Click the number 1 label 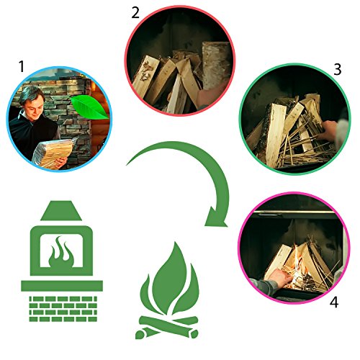coord(22,66)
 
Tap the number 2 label coord(135,13)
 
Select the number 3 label coord(338,69)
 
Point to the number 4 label coord(334,302)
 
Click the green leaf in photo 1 coord(90,107)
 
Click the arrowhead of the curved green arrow coord(216,216)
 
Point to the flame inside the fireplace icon coord(60,252)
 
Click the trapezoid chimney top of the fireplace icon coord(61,210)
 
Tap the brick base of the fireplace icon coord(63,309)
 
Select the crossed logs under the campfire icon coord(167,327)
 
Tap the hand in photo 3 coord(328,131)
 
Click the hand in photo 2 coord(211,95)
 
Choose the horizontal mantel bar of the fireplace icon coord(62,286)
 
